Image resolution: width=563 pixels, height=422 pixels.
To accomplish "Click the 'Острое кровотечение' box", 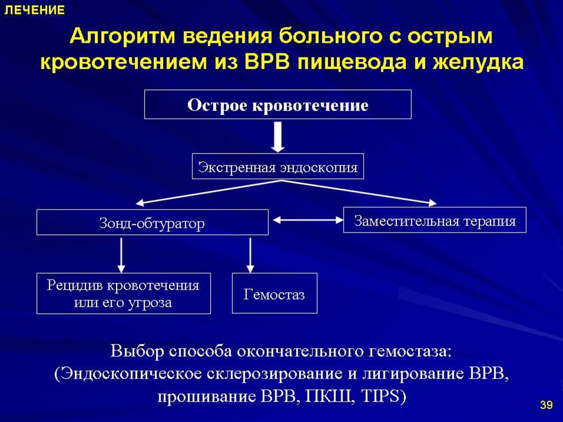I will [x=278, y=105].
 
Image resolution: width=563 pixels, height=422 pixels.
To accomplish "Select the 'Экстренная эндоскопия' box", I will [x=278, y=167].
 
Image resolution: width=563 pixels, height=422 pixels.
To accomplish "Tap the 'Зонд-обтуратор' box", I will [x=152, y=223].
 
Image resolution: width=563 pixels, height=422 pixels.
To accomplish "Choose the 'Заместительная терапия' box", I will [x=434, y=220].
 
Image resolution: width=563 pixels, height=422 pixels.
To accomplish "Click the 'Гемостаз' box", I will [x=274, y=293].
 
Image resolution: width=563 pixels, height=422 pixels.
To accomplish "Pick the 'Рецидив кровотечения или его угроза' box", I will [x=123, y=293].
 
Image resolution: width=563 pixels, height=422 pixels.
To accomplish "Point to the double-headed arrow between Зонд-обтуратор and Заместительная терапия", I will [x=306, y=220].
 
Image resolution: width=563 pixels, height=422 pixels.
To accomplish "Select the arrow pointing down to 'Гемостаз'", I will [x=251, y=255].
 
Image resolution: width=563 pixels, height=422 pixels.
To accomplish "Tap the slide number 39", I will [x=546, y=406].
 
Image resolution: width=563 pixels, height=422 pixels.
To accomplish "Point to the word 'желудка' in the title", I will [x=478, y=62].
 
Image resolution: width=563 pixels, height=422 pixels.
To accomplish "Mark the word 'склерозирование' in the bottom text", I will [x=273, y=374].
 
